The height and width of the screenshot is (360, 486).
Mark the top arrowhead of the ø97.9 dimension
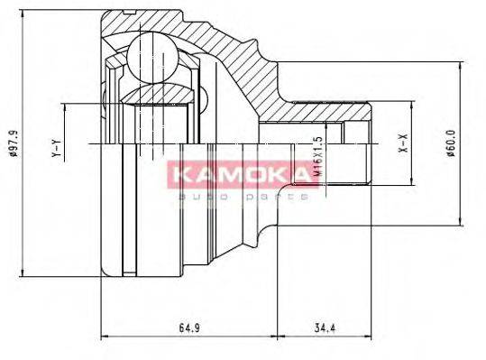[x=21, y=14]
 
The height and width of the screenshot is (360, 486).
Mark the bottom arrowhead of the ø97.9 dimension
[x=21, y=273]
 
